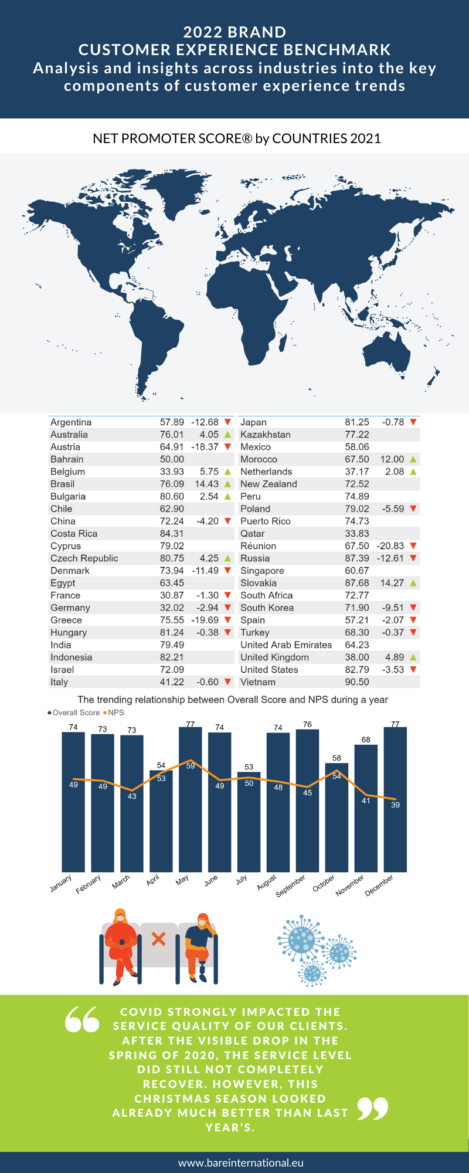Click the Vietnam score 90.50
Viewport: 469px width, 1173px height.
pyautogui.click(x=356, y=682)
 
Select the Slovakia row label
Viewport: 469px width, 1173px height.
pyautogui.click(x=259, y=583)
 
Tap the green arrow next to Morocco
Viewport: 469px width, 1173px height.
pyautogui.click(x=413, y=459)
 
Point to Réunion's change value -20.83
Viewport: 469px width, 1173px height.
pyautogui.click(x=390, y=546)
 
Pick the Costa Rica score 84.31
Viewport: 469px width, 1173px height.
pyautogui.click(x=172, y=534)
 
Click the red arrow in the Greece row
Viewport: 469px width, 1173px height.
pyautogui.click(x=228, y=620)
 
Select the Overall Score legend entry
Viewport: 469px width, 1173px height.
pyautogui.click(x=74, y=713)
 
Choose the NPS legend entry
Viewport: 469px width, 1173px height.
pyautogui.click(x=114, y=713)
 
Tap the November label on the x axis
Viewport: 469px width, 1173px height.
pyautogui.click(x=350, y=885)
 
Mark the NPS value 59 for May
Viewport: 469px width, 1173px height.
pyautogui.click(x=191, y=766)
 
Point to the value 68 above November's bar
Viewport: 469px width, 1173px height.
pyautogui.click(x=366, y=740)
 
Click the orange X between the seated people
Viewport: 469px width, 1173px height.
pyautogui.click(x=158, y=939)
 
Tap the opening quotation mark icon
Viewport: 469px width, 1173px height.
pyautogui.click(x=82, y=1019)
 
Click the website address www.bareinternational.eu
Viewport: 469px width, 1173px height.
pyautogui.click(x=241, y=1162)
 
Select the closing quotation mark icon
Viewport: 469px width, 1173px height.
pyautogui.click(x=373, y=1108)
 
